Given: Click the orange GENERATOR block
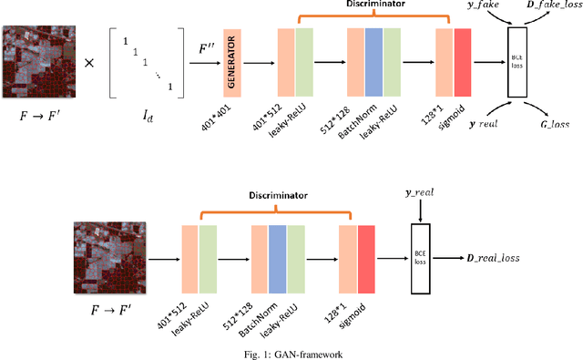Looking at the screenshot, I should tap(231, 63).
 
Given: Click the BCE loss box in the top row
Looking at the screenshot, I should tap(517, 63).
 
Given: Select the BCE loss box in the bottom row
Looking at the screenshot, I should tap(420, 259).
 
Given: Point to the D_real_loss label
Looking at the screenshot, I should tap(489, 259).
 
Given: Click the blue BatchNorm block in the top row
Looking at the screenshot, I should tap(373, 61).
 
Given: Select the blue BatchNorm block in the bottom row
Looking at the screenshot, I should tap(277, 258).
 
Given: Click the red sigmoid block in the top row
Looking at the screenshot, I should tap(463, 61).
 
